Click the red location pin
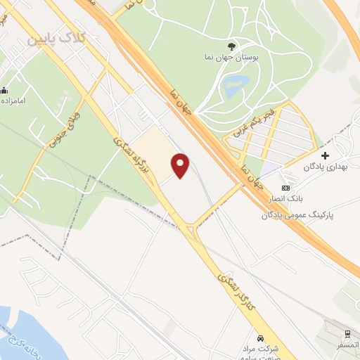coord(181,165)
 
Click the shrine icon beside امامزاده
coord(5,90)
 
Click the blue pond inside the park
coord(231,89)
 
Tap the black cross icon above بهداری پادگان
coord(325,155)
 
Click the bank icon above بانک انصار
coord(285,188)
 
